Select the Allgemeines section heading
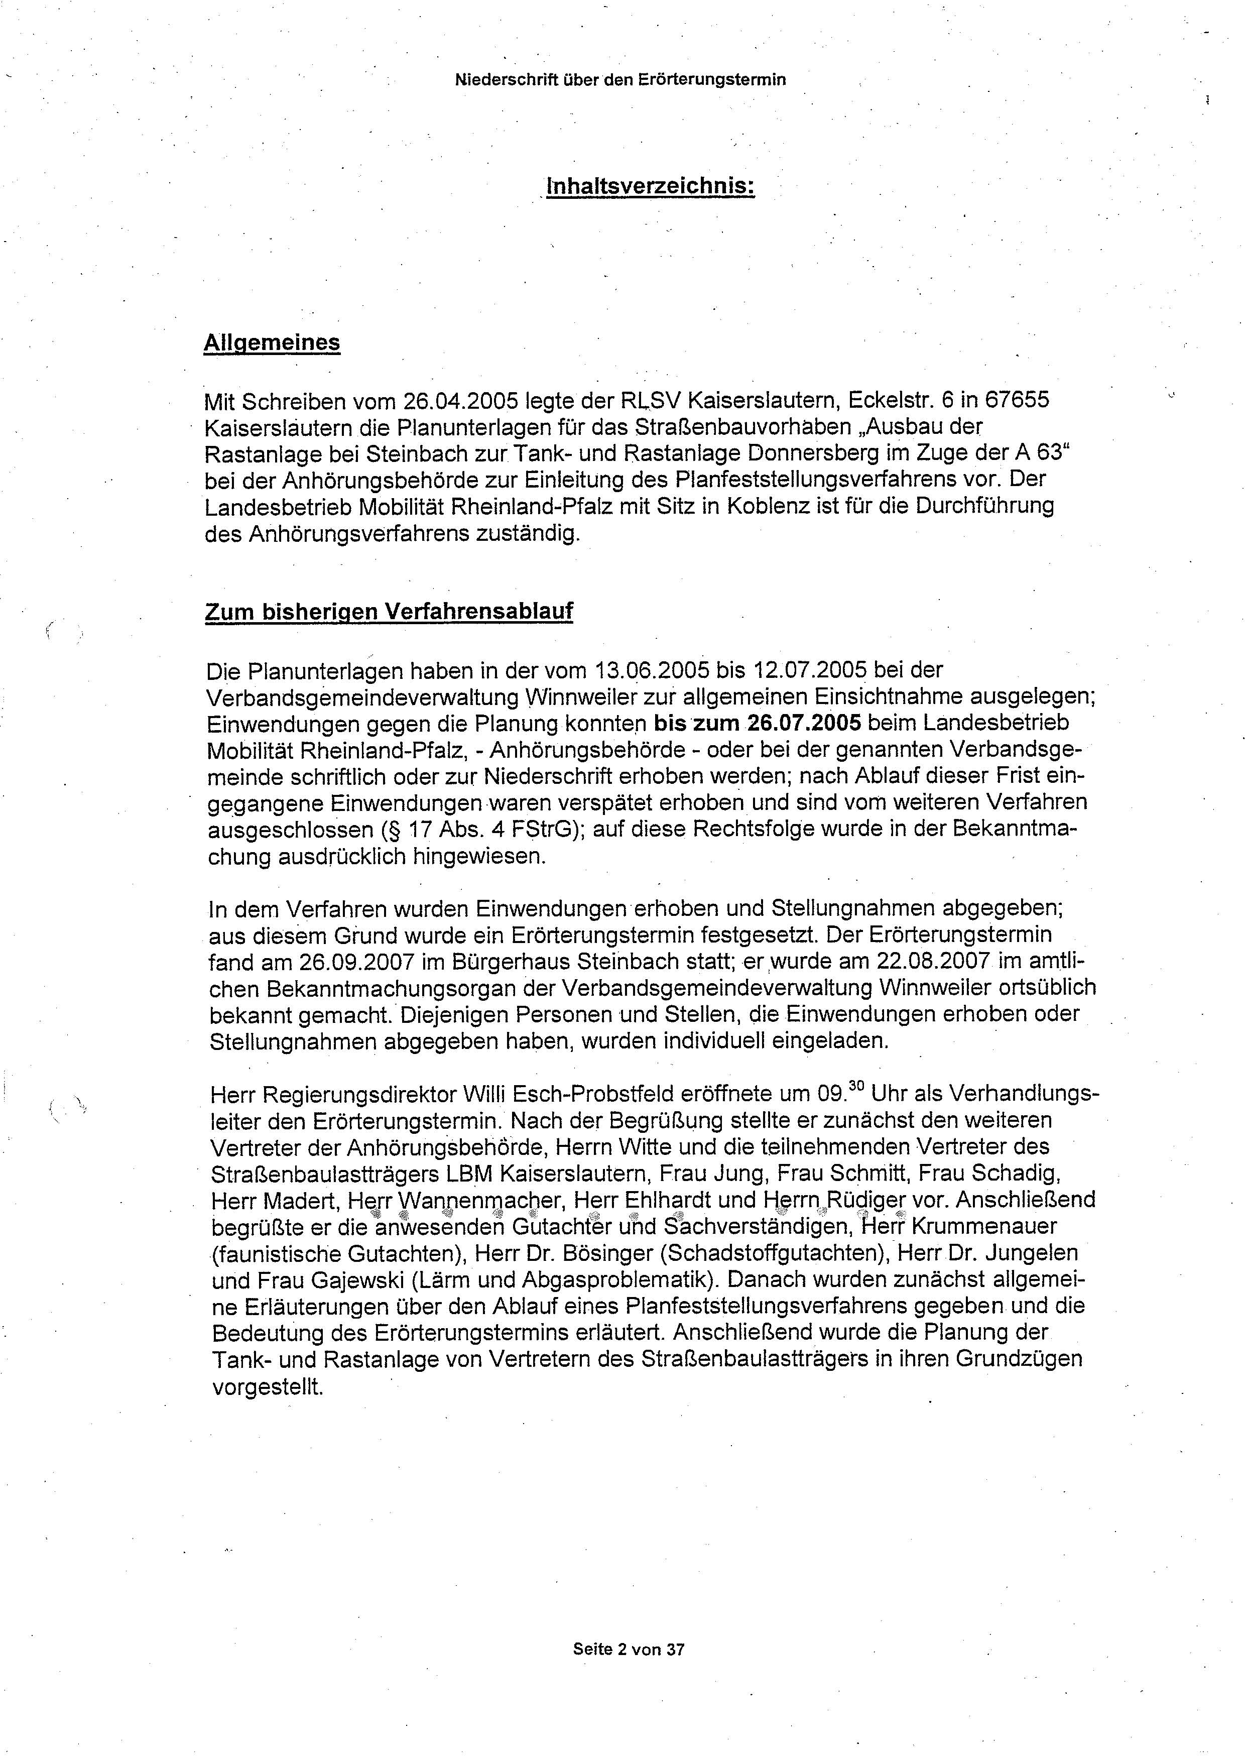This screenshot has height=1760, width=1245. point(272,343)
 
